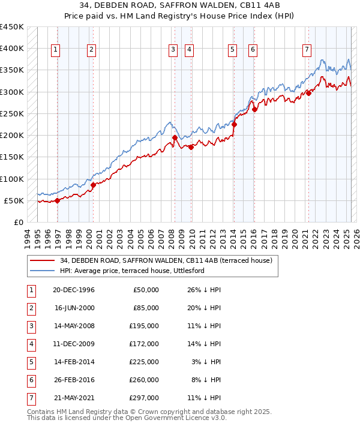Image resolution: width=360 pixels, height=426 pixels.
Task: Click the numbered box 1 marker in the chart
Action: click(x=55, y=50)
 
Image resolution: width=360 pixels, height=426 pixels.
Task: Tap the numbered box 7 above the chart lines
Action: click(x=307, y=50)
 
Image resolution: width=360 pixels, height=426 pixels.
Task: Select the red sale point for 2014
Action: click(x=235, y=124)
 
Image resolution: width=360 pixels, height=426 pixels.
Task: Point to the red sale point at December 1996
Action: click(x=58, y=200)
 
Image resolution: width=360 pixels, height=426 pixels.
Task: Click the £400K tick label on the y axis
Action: click(x=12, y=49)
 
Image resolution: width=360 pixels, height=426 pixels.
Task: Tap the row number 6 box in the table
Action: click(x=30, y=380)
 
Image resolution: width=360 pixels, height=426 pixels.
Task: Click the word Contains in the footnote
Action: click(x=40, y=412)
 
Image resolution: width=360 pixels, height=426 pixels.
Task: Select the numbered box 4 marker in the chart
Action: click(x=190, y=50)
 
